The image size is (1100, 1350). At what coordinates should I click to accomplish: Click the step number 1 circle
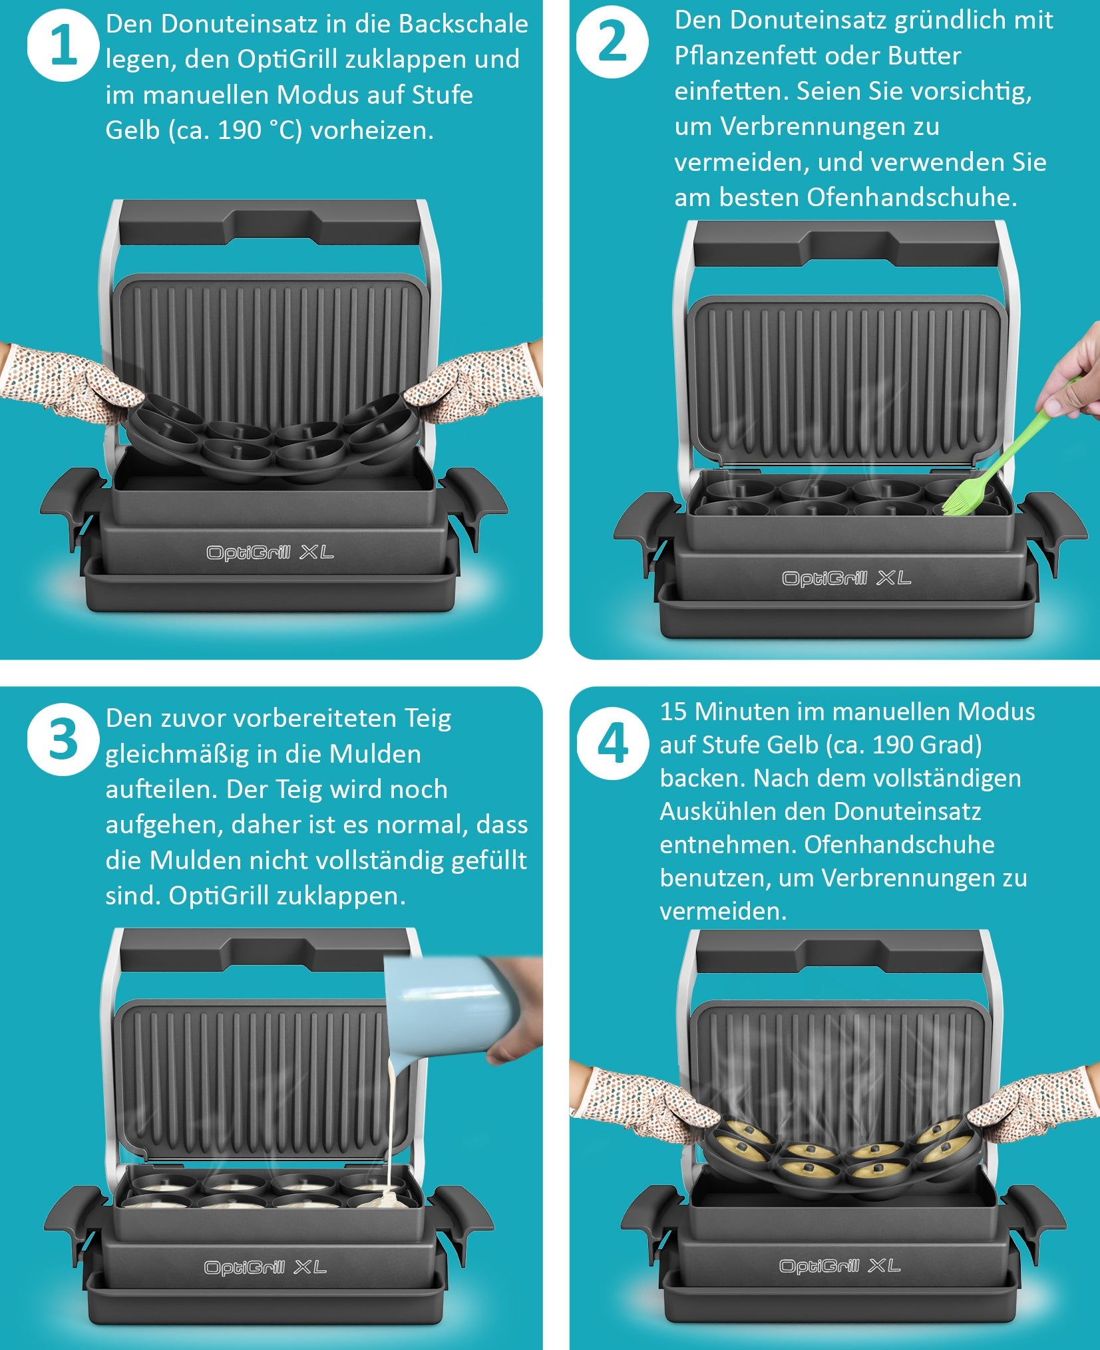(63, 46)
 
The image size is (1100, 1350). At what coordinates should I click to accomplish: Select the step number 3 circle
(63, 739)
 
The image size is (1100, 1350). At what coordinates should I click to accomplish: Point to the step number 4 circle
(612, 743)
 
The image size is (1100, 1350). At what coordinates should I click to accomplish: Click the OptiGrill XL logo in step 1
(270, 553)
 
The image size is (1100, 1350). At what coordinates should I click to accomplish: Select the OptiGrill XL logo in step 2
(846, 579)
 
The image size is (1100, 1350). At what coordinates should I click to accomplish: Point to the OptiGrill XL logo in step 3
(265, 1268)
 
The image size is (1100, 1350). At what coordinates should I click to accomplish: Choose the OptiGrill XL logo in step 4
(840, 1266)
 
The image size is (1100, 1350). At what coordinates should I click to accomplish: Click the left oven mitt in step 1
(73, 383)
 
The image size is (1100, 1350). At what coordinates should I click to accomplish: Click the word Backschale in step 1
(463, 25)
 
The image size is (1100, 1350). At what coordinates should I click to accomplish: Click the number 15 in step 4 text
(673, 712)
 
